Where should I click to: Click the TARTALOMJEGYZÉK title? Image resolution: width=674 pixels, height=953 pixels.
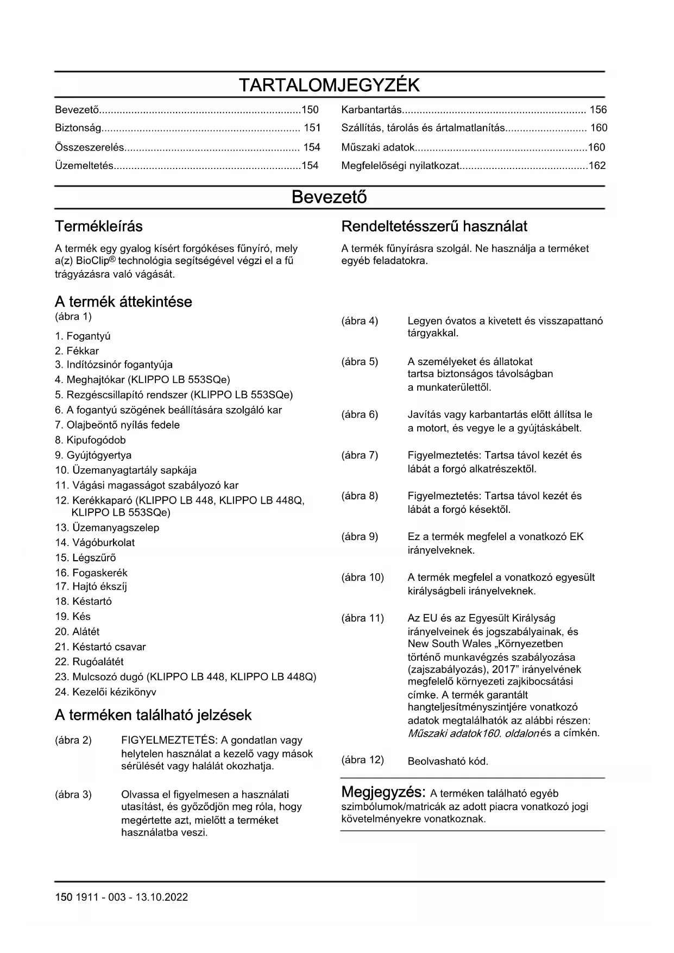pyautogui.click(x=329, y=85)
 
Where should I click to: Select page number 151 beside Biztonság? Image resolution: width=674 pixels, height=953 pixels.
pyautogui.click(x=312, y=128)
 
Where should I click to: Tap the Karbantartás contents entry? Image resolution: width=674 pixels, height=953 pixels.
pyautogui.click(x=371, y=110)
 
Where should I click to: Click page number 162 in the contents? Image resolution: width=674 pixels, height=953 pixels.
pyautogui.click(x=597, y=166)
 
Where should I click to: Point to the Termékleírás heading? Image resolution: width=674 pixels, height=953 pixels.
pyautogui.click(x=99, y=226)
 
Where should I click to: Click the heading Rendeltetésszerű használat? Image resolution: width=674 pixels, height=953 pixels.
pyautogui.click(x=434, y=226)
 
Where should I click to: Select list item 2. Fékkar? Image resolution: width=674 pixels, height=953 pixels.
pyautogui.click(x=77, y=351)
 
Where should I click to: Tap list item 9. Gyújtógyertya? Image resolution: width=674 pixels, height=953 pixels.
pyautogui.click(x=93, y=455)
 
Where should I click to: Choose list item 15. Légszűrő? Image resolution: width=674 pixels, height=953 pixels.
pyautogui.click(x=85, y=557)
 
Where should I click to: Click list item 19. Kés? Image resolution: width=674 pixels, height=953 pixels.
pyautogui.click(x=73, y=617)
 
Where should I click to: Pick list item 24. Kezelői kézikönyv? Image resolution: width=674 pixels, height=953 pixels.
pyautogui.click(x=105, y=692)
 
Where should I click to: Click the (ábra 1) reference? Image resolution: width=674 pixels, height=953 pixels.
pyautogui.click(x=73, y=316)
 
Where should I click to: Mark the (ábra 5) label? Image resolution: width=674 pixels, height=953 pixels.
pyautogui.click(x=360, y=362)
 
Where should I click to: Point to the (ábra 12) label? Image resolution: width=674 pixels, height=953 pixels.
pyautogui.click(x=362, y=760)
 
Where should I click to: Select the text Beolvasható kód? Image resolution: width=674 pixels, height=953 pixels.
pyautogui.click(x=448, y=761)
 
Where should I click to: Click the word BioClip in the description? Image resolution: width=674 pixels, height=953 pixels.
pyautogui.click(x=92, y=261)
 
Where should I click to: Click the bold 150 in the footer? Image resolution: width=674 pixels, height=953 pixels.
pyautogui.click(x=63, y=897)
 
